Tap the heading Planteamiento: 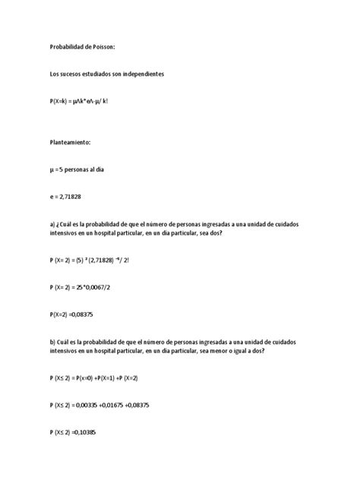coord(70,142)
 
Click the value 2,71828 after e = coord(74,196)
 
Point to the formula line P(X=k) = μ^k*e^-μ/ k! coord(78,100)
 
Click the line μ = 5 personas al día coord(76,169)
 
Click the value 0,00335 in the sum coord(97,405)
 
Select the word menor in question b coord(225,351)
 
